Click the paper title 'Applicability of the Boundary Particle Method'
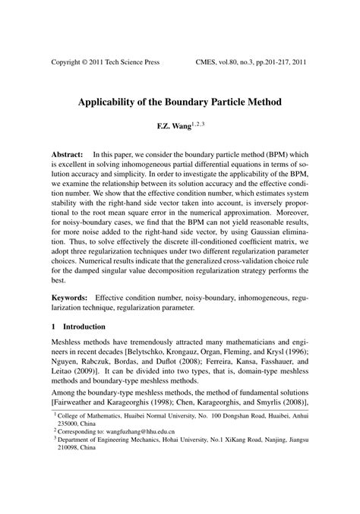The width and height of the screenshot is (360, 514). (x=179, y=101)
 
